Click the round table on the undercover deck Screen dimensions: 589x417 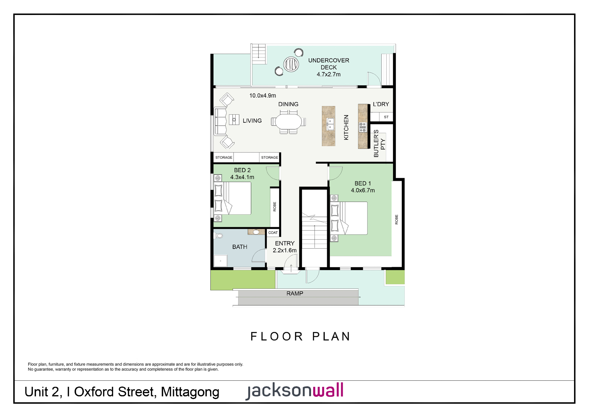pos(291,64)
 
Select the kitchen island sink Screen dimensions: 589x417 pos(330,124)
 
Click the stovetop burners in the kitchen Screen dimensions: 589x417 pos(363,127)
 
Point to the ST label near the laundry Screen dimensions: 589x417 pos(386,117)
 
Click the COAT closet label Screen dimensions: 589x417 pos(273,233)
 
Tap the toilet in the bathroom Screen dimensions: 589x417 pos(218,236)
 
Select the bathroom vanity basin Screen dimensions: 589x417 pos(256,232)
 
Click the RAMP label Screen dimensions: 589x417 pos(295,293)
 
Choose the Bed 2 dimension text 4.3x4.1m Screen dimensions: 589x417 pos(242,177)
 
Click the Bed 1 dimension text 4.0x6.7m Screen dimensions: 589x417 pos(363,191)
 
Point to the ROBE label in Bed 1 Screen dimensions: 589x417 pos(396,219)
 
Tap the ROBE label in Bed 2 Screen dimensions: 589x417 pos(274,207)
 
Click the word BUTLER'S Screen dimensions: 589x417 pos(376,143)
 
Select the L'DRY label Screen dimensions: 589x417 pos(381,104)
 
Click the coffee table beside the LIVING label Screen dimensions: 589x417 pos(234,119)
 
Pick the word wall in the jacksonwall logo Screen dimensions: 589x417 pos(328,390)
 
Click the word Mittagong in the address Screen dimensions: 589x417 pos(190,392)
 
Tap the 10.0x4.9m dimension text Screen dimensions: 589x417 pos(263,96)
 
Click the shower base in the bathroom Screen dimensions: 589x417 pos(220,261)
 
